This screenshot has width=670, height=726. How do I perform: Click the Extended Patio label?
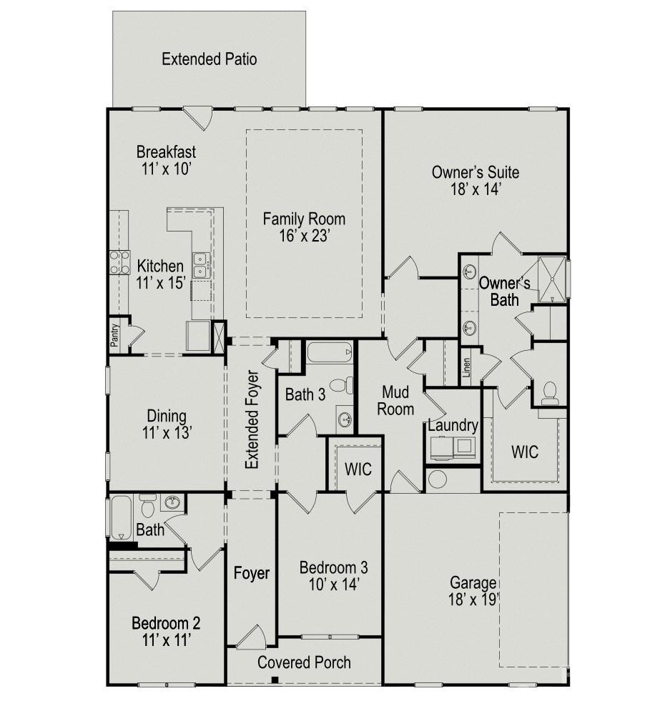(x=209, y=59)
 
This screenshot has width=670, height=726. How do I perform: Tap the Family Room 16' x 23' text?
(x=304, y=227)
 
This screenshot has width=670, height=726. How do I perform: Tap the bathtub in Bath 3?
(x=330, y=352)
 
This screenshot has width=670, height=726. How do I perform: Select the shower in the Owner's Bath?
(x=552, y=278)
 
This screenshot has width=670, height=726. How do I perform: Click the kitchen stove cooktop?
(x=119, y=263)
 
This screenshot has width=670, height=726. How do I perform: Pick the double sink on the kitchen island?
(x=201, y=264)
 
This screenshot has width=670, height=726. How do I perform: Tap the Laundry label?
(x=452, y=426)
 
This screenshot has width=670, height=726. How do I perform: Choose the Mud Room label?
(x=398, y=400)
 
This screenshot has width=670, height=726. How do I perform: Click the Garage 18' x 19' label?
(x=473, y=590)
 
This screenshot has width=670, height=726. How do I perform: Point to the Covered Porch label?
(x=304, y=662)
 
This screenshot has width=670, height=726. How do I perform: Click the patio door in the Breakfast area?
(x=197, y=116)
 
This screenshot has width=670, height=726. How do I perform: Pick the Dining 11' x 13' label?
(x=167, y=424)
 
